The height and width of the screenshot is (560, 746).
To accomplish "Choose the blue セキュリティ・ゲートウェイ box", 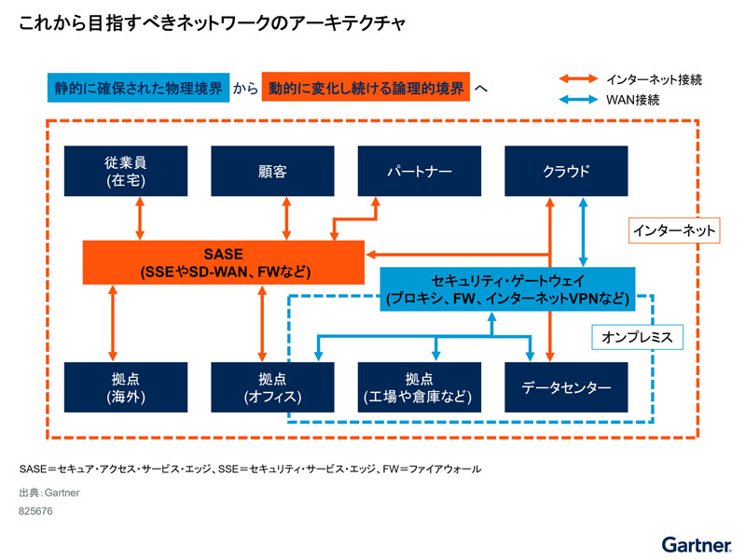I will pos(507,289).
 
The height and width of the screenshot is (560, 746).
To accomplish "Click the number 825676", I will pos(35,511).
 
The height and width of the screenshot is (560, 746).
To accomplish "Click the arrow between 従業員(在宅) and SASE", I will pos(140,218).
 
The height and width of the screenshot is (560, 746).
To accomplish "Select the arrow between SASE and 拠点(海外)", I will pos(114,322).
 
